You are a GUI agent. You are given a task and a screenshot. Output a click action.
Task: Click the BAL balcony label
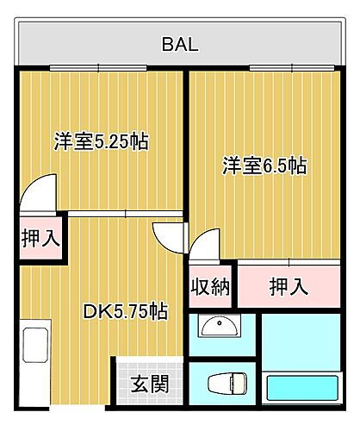180,45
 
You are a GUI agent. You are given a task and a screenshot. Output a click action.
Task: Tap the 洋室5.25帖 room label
101,141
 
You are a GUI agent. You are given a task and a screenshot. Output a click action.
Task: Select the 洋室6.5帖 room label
264,166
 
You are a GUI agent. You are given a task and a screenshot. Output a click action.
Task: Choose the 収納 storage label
209,285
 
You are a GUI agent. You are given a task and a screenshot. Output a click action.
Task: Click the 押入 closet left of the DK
40,238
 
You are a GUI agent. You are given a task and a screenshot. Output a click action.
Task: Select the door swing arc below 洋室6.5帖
205,245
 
